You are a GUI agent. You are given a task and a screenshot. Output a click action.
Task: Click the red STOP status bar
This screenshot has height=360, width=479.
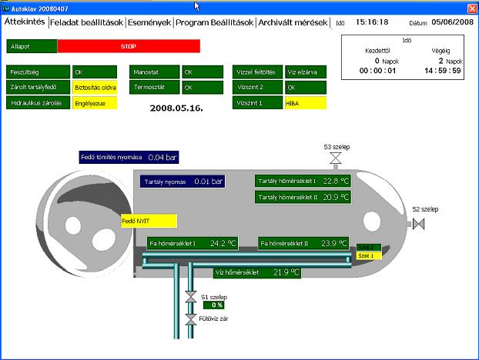[x=128, y=46]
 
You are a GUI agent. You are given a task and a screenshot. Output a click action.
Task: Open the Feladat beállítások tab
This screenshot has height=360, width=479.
[x=86, y=22]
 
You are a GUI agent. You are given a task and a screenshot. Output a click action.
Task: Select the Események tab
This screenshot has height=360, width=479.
[x=149, y=22]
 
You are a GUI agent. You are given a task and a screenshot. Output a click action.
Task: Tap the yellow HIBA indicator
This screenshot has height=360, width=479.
[x=306, y=102]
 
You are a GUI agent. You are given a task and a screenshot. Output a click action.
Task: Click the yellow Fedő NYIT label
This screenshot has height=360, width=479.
[x=149, y=221]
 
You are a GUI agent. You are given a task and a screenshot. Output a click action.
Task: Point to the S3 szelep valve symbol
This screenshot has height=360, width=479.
[x=335, y=159]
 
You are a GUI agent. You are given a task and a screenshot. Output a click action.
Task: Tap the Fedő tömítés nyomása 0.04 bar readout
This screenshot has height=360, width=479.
[x=128, y=158]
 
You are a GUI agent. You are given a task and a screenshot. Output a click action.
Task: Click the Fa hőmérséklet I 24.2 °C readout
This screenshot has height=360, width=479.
[x=192, y=243]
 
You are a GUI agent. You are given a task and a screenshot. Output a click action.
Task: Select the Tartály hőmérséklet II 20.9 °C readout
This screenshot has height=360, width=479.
[x=303, y=197]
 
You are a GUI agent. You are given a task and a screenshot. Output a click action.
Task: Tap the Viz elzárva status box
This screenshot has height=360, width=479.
[x=306, y=72]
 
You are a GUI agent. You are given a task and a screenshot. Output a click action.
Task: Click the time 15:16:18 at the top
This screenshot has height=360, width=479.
[x=372, y=22]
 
